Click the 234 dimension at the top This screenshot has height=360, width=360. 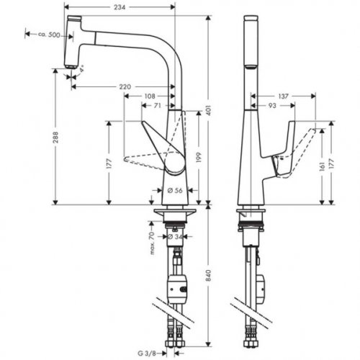tap(120, 6)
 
